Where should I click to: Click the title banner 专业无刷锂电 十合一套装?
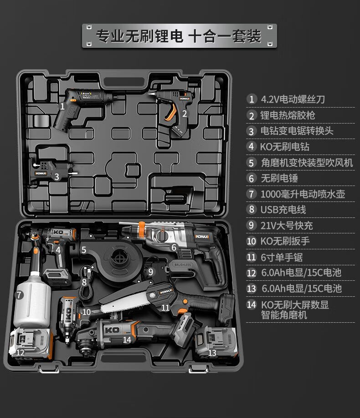(179, 36)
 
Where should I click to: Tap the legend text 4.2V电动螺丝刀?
(293, 99)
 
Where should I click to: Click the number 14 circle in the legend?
(252, 305)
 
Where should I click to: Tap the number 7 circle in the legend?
(252, 194)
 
